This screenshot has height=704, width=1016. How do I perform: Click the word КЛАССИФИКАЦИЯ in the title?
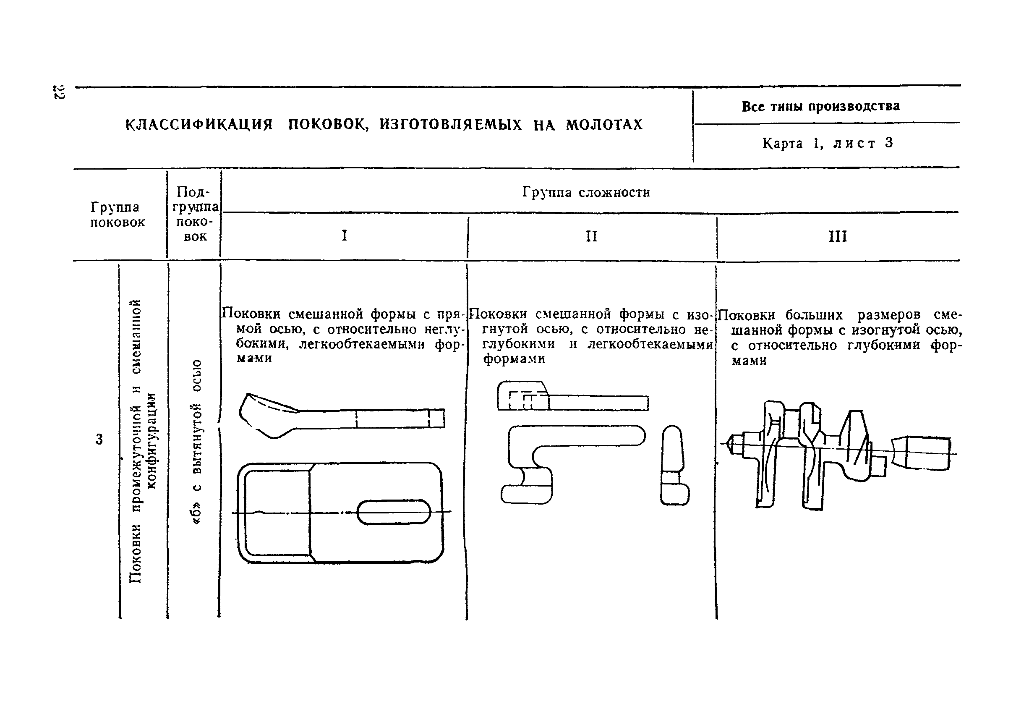tap(199, 125)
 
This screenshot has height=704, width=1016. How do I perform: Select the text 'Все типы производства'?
tap(821, 106)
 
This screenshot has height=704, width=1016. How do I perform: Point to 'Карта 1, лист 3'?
tap(827, 143)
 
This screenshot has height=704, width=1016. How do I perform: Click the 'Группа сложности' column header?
tap(586, 192)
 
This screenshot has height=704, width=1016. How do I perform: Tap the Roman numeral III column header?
tap(837, 237)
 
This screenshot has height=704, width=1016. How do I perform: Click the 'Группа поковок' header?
tap(118, 215)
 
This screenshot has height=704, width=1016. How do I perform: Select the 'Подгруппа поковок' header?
tap(195, 214)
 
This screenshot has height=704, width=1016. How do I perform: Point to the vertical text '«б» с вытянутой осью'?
tap(197, 441)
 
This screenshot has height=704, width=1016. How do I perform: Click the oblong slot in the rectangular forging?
tap(393, 512)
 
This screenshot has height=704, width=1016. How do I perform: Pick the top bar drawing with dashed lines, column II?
tap(572, 397)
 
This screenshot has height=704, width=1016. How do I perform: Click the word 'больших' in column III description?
tap(814, 315)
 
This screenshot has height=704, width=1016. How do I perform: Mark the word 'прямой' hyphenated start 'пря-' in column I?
tap(451, 314)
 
